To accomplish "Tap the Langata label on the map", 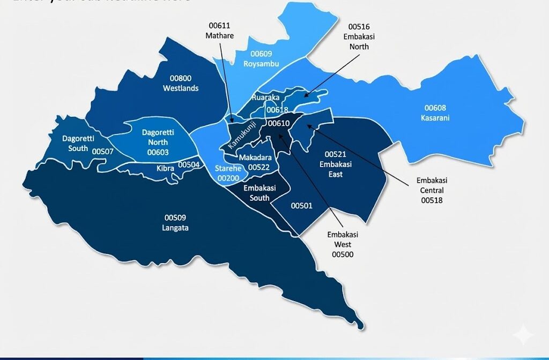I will pyautogui.click(x=176, y=228).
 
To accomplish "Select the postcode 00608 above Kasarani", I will pyautogui.click(x=435, y=108).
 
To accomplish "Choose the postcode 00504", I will pyautogui.click(x=189, y=164).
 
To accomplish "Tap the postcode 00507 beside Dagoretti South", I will pyautogui.click(x=103, y=152).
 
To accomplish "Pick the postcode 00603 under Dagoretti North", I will pyautogui.click(x=158, y=152).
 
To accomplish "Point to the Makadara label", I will pyautogui.click(x=255, y=158).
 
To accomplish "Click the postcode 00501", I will pyautogui.click(x=301, y=206).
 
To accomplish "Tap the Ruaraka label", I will pyautogui.click(x=265, y=98).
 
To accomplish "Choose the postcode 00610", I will pyautogui.click(x=279, y=124).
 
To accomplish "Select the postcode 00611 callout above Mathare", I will pyautogui.click(x=220, y=26).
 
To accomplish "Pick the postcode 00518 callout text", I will pyautogui.click(x=432, y=200).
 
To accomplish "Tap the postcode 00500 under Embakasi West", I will pyautogui.click(x=343, y=254).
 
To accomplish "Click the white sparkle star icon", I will pyautogui.click(x=522, y=335).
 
